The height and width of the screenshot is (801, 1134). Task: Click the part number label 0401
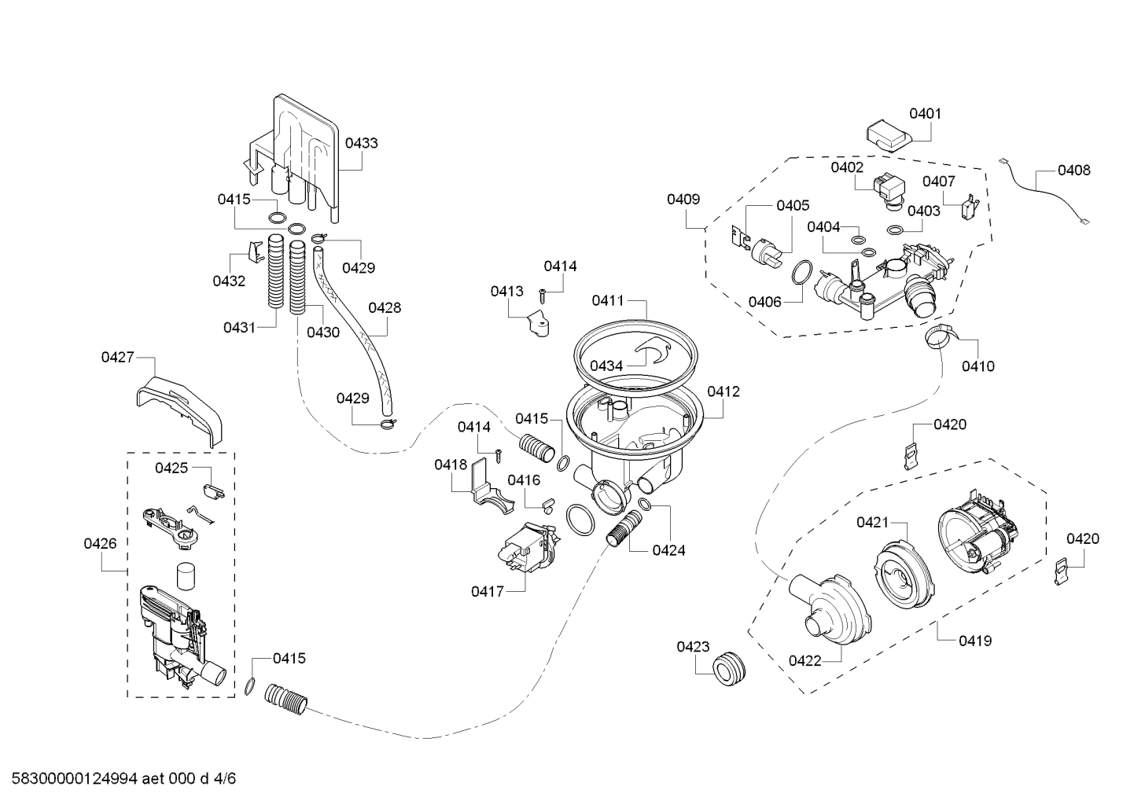(x=925, y=113)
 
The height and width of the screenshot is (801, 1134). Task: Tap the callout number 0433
(x=361, y=143)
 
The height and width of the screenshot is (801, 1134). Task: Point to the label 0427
(x=116, y=358)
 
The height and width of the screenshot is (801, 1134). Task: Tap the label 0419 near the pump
(x=975, y=641)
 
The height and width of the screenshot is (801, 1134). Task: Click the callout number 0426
(x=100, y=543)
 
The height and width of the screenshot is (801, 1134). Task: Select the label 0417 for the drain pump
(x=487, y=591)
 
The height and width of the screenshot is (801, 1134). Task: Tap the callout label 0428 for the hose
(x=385, y=307)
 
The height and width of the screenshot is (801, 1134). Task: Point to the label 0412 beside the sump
(x=723, y=391)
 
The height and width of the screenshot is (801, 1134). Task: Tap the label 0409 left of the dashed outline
(x=683, y=199)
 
